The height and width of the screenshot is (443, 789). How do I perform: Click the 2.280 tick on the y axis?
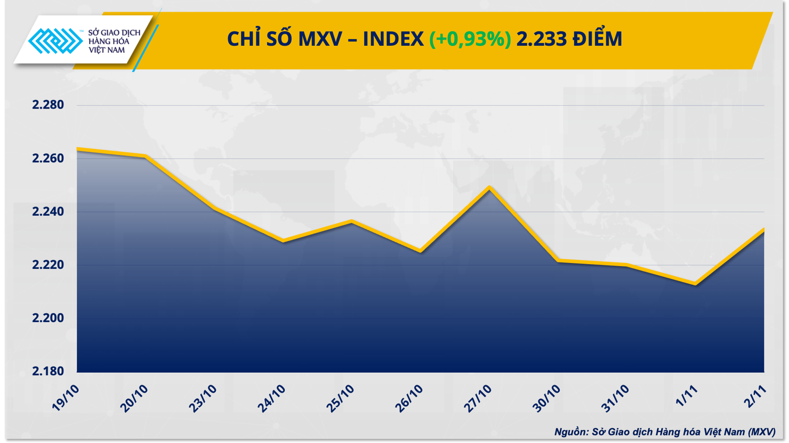tap(48, 105)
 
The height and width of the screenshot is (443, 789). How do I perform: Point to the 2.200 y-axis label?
tap(48, 318)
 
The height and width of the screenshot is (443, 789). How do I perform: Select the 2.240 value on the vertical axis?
tap(48, 211)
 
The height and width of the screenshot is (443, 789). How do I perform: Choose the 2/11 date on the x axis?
tap(756, 397)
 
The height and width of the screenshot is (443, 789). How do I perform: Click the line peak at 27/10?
tap(489, 187)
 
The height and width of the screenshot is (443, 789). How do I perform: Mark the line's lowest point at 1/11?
tap(696, 284)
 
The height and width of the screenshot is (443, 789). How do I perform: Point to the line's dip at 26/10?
tap(421, 251)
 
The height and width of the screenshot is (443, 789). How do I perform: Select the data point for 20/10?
tap(146, 156)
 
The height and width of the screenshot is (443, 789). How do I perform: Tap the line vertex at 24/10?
tap(283, 241)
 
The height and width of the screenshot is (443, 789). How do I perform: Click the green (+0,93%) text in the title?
tap(470, 39)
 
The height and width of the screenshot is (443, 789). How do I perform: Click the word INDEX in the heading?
tap(393, 39)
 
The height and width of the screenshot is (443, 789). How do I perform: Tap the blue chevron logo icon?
tap(55, 41)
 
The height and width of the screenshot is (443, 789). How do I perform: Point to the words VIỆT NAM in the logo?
tap(107, 50)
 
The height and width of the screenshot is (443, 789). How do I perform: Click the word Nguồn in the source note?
tap(571, 432)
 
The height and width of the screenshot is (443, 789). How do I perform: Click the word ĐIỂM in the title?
tap(598, 39)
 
